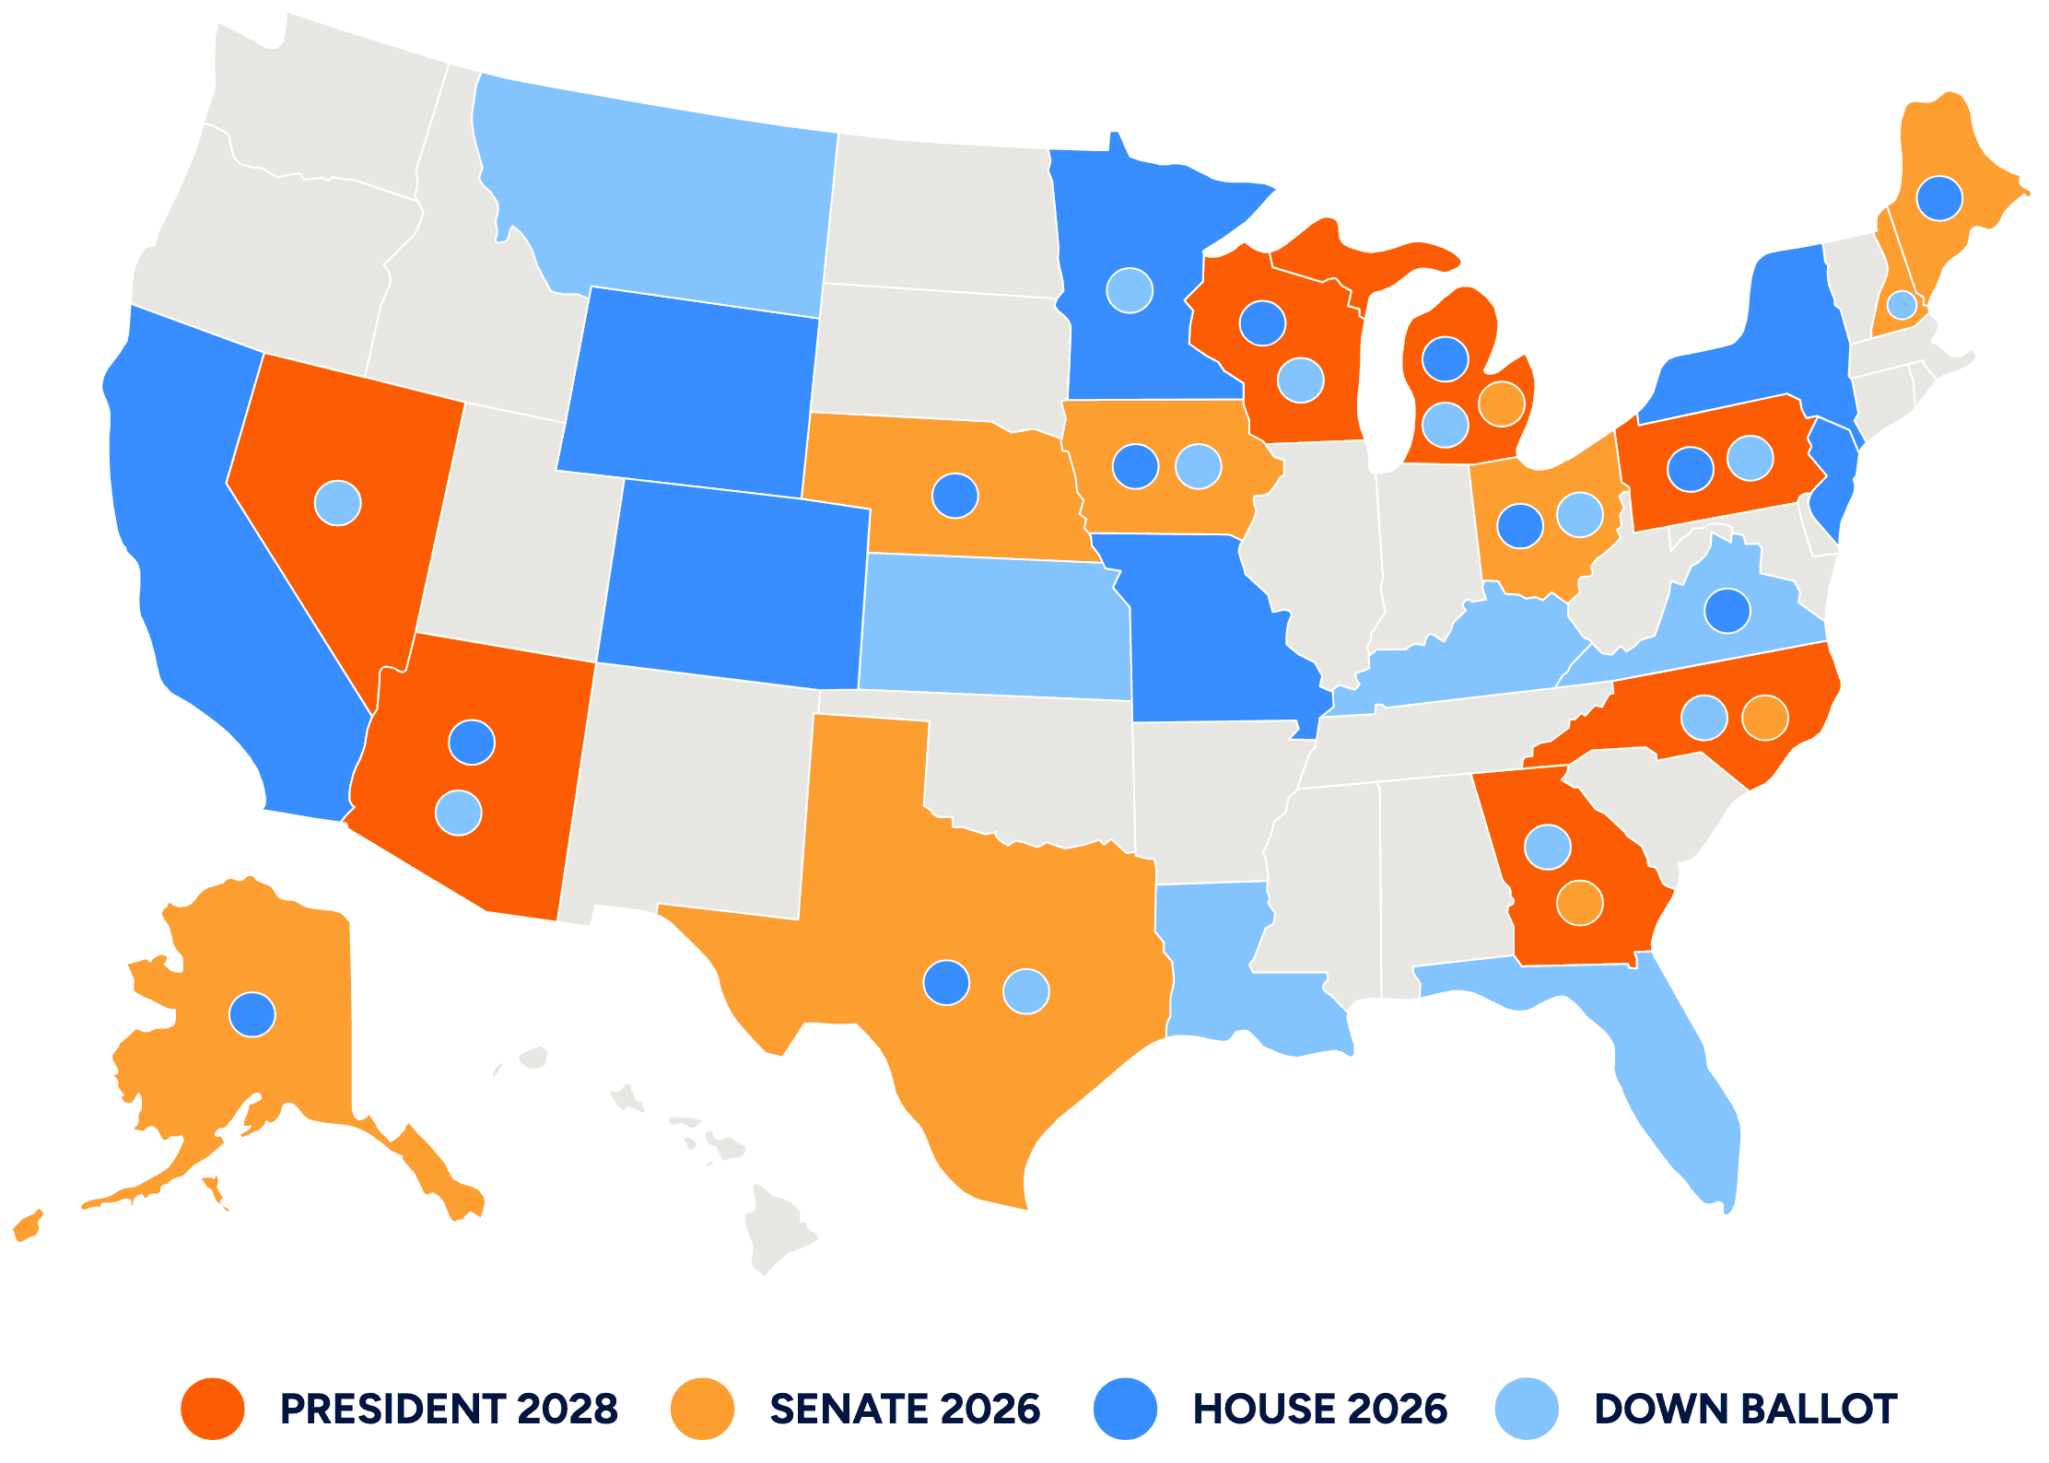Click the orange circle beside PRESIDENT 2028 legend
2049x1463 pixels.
click(213, 1409)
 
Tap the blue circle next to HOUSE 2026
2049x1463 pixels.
click(1125, 1409)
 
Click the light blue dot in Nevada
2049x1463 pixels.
click(338, 503)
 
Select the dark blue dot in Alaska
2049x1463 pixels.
click(252, 1014)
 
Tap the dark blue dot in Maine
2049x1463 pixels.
click(1939, 198)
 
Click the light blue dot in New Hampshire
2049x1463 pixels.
click(1902, 305)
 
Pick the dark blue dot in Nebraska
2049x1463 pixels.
click(955, 496)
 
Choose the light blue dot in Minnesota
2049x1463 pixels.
click(1130, 291)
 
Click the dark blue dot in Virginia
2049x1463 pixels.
click(1727, 610)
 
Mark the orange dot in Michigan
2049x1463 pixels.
click(1502, 404)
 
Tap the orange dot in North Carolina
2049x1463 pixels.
click(1765, 718)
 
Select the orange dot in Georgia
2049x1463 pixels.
click(1580, 902)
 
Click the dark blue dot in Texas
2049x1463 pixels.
click(946, 982)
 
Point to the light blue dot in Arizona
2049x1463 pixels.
click(458, 813)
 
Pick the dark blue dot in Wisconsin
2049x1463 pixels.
click(1262, 323)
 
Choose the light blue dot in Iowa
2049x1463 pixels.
click(1199, 466)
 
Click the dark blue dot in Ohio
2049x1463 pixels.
click(1520, 525)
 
